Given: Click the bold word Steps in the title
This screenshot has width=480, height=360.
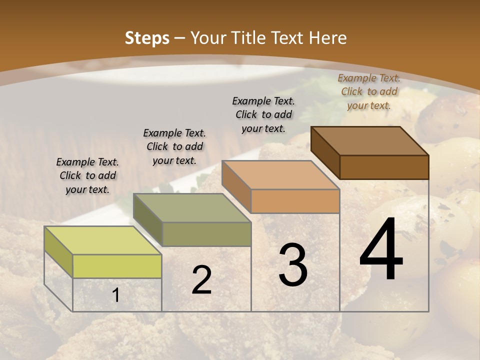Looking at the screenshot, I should click(x=147, y=38).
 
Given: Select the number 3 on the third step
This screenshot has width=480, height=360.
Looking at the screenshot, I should click(x=293, y=265).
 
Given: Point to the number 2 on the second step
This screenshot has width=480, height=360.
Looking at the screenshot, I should click(x=201, y=280).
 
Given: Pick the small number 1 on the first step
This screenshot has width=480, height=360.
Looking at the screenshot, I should click(x=116, y=295).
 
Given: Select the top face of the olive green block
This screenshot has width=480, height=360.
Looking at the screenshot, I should click(x=192, y=208).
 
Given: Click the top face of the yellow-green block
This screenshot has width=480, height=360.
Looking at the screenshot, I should click(x=103, y=240).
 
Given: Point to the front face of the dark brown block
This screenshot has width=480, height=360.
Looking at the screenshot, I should click(x=384, y=167).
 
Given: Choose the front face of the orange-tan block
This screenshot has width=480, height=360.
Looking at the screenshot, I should click(x=295, y=201).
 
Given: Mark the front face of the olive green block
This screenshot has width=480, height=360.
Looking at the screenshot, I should click(x=206, y=234).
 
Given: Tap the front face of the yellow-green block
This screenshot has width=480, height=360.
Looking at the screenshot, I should click(x=117, y=266).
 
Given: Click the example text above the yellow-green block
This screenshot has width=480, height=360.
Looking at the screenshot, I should click(x=87, y=175).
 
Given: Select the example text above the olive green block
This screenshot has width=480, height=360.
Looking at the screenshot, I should click(x=174, y=146).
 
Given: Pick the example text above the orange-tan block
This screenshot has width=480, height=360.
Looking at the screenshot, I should click(x=263, y=114).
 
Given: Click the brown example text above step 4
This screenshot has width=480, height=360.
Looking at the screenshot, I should click(x=369, y=91).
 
